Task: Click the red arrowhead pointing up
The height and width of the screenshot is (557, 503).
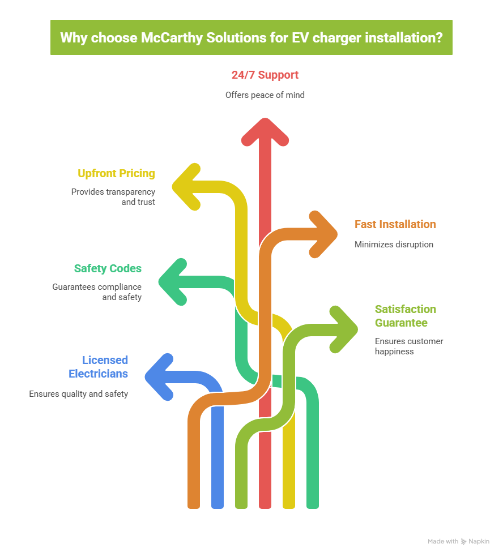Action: coord(265,132)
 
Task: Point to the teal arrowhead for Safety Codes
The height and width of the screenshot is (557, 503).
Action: coord(173,281)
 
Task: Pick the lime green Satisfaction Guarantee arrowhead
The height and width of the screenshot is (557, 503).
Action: coord(343,329)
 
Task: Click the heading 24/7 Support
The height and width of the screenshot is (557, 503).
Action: coord(265,75)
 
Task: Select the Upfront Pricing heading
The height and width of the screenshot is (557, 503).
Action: coord(116,173)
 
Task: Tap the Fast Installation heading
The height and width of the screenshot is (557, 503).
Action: coord(395,224)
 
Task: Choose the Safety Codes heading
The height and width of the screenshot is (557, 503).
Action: coord(108,268)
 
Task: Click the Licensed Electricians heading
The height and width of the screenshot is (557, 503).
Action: coord(99,367)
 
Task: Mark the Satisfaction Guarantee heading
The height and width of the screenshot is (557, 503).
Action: coord(405,316)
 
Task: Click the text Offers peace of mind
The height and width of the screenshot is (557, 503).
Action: coord(265,95)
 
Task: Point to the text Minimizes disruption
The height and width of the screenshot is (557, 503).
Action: coord(393,245)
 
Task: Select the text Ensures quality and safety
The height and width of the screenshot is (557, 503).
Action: coord(79,394)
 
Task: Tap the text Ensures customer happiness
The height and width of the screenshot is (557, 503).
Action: coord(408,346)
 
